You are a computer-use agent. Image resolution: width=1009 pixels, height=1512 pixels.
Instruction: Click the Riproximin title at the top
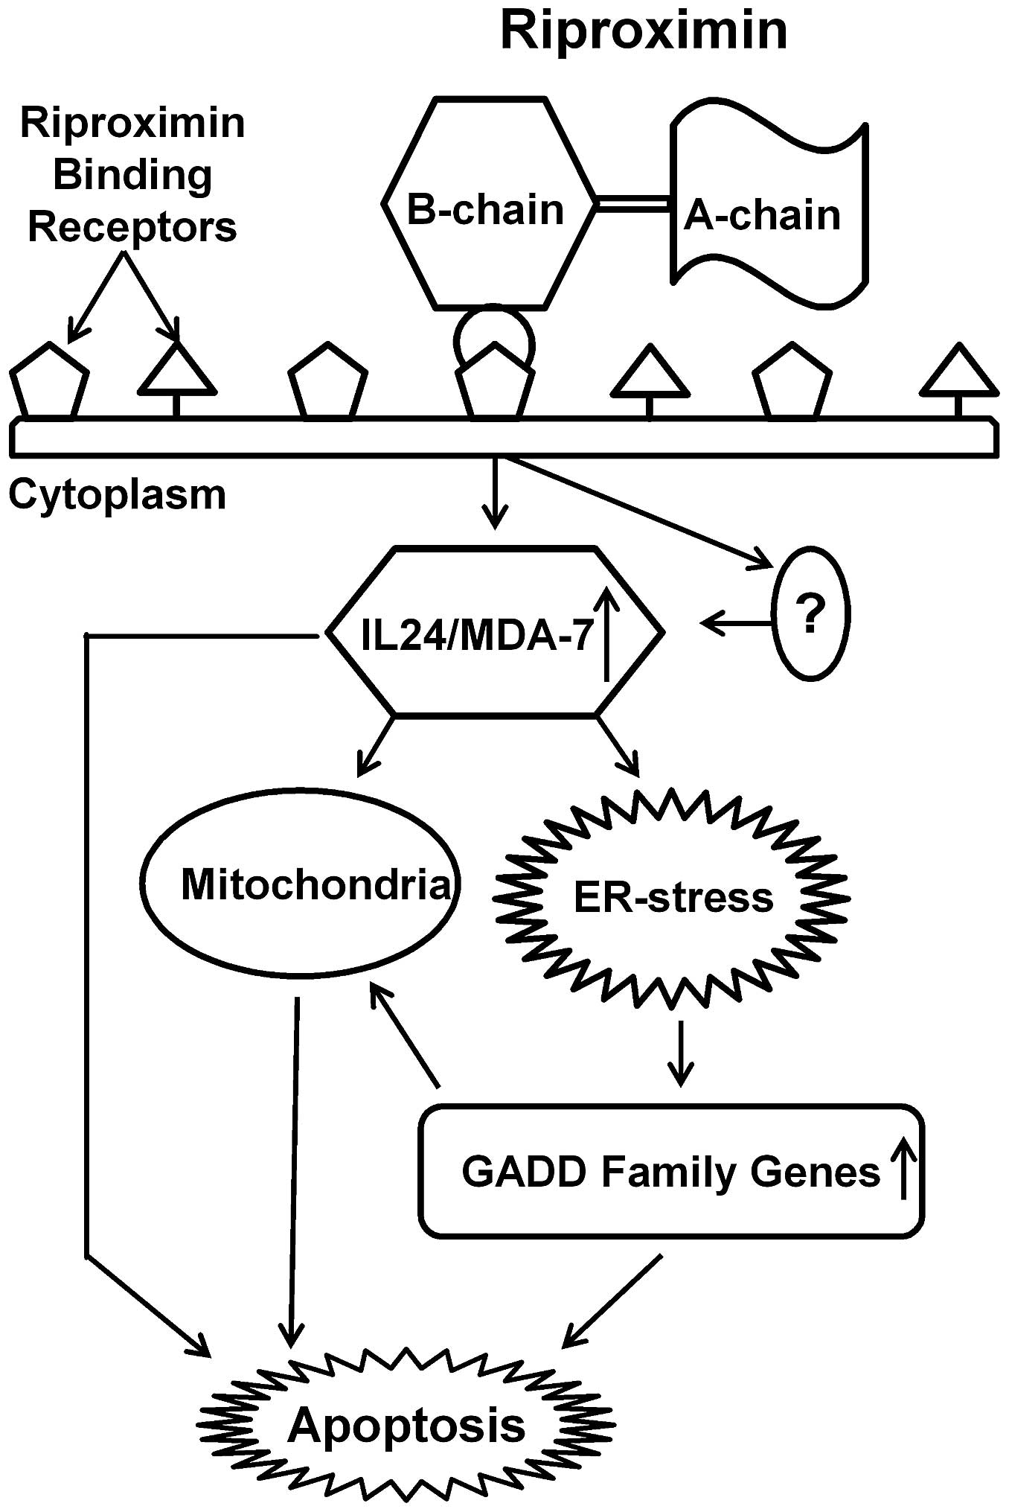point(644,31)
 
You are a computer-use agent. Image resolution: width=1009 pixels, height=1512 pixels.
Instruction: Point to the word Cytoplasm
point(117,494)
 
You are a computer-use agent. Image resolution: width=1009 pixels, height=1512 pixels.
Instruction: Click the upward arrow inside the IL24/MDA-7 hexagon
point(607,632)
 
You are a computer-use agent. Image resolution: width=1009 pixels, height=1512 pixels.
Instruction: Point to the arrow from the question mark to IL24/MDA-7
point(737,622)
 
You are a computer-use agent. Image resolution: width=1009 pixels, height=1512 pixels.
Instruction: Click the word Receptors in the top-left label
point(132,227)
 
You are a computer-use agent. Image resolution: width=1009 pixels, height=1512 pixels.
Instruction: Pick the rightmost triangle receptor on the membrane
point(959,372)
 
